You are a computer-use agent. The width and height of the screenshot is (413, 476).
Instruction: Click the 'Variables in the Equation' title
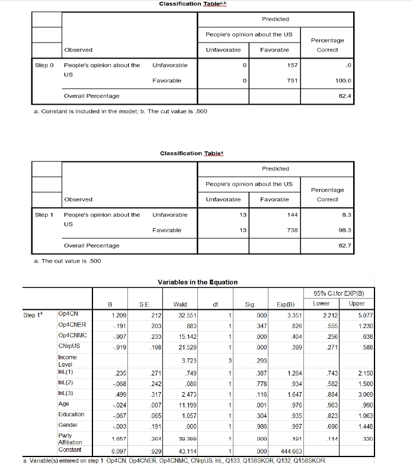click(197, 282)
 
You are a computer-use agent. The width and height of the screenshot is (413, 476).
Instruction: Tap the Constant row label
click(70, 450)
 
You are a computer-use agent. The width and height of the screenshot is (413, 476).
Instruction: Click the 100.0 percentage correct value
click(343, 80)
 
